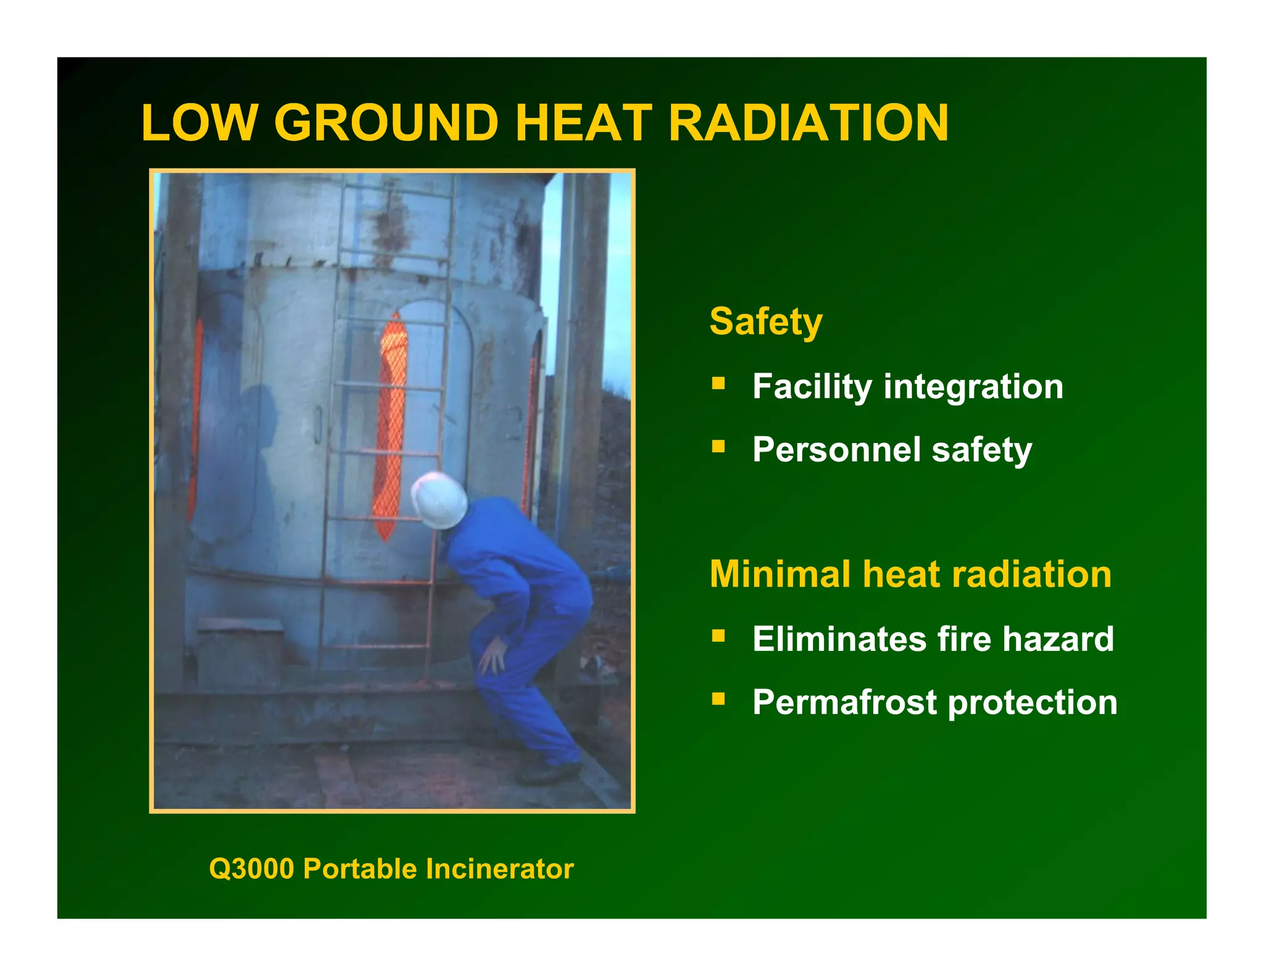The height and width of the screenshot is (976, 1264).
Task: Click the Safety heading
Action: (x=766, y=321)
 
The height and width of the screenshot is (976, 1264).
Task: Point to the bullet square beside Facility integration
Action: (x=718, y=384)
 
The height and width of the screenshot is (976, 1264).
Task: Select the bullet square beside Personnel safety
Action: (x=718, y=445)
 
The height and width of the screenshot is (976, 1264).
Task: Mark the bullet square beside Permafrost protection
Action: (x=718, y=698)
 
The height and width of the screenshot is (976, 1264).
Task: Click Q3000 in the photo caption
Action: (x=252, y=869)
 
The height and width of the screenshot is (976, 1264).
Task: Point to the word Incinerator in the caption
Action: (x=500, y=869)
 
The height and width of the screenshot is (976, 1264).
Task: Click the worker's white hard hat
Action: (x=439, y=500)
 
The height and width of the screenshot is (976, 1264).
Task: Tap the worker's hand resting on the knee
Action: (x=494, y=655)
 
